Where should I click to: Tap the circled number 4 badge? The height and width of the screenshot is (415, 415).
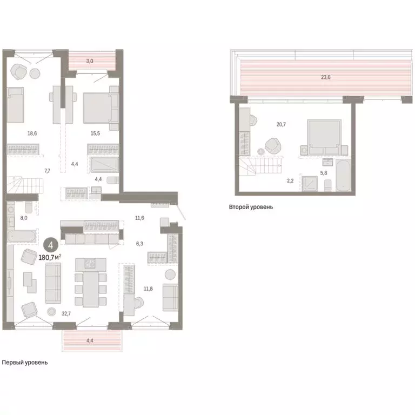coord(50,245)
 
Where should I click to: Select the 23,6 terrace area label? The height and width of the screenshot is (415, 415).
coord(325,77)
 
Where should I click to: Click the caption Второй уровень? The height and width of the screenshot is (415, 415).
coord(251,207)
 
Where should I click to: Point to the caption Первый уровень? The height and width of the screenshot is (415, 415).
coord(24,363)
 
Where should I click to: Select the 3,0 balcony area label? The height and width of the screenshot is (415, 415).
coord(90,61)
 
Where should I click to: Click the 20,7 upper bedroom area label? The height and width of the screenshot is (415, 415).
coord(281,125)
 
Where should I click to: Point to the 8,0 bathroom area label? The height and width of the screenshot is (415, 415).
coord(23,219)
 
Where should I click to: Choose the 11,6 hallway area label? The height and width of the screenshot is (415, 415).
coord(139,218)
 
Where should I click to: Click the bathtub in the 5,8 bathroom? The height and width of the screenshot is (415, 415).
coord(344,175)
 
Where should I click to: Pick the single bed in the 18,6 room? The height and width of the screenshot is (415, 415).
coord(16,104)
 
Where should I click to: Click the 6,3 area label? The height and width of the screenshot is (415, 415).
coord(140,244)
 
